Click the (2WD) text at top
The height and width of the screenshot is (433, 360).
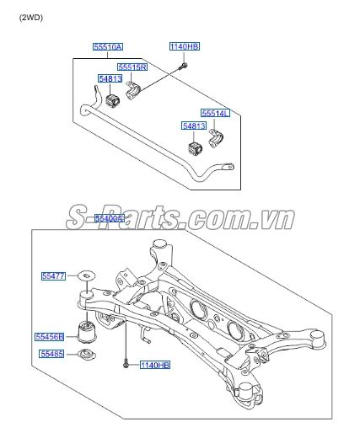tap(31, 18)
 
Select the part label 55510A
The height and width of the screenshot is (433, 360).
tap(108, 46)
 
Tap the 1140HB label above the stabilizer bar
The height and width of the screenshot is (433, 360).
tap(185, 46)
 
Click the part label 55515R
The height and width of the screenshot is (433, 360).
tap(132, 67)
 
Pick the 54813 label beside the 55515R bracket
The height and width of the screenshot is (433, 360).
tap(110, 78)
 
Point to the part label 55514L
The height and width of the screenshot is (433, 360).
tap(215, 113)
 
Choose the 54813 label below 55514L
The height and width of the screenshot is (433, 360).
tap(194, 126)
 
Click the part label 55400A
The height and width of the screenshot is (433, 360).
tap(109, 218)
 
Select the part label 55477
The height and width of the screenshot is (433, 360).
tap(53, 276)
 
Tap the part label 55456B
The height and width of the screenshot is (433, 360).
tap(50, 337)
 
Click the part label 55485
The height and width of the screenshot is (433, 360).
tap(52, 354)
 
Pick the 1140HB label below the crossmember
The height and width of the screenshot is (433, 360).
tap(155, 365)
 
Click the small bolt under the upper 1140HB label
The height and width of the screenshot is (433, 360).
tap(183, 67)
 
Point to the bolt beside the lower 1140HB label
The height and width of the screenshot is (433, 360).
tap(126, 364)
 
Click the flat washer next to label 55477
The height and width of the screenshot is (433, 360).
tap(87, 275)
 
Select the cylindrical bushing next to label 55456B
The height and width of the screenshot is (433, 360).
tap(87, 333)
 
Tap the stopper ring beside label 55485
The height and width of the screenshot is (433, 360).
tap(87, 355)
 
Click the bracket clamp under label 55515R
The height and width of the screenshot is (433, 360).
tap(132, 91)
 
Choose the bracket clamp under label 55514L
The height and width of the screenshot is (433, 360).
tap(216, 138)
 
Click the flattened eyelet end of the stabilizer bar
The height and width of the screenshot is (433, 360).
tap(227, 167)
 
